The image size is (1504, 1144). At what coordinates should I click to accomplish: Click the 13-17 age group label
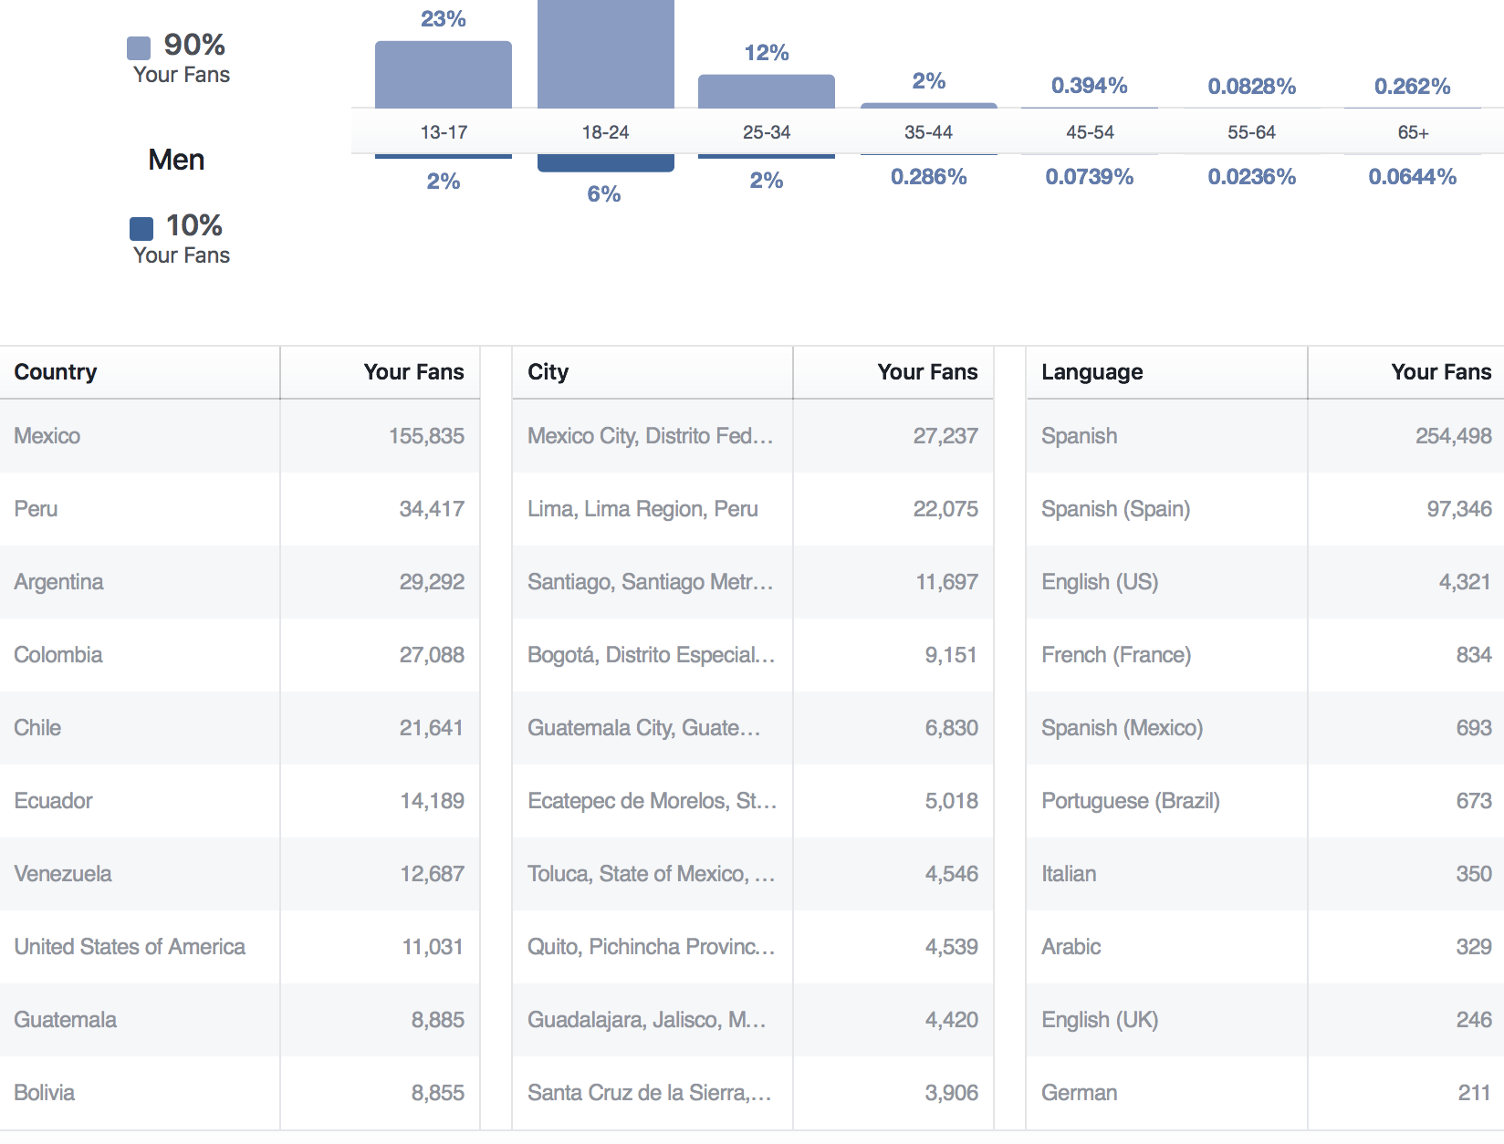pos(444,132)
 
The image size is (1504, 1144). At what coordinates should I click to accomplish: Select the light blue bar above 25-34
pos(766,91)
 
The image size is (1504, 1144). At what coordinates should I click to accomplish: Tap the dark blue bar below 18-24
pos(605,162)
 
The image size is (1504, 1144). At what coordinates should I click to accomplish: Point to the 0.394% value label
pos(1089,86)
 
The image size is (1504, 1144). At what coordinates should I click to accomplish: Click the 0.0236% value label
pos(1251,177)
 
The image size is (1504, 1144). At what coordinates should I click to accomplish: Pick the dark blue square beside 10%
pos(141,228)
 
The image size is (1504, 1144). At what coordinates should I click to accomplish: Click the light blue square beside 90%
pos(139,47)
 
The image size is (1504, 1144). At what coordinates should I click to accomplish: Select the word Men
pos(176,160)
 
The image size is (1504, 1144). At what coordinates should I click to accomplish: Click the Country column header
pos(56,372)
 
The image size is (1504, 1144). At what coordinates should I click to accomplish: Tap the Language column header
pos(1091,372)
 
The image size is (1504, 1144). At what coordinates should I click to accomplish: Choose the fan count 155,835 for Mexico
pos(426,436)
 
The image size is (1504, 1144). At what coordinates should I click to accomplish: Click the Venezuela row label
pos(63,874)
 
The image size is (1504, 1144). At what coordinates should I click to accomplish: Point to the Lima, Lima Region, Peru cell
pos(642,509)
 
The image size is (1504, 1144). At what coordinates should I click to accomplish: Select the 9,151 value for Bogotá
pos(950,655)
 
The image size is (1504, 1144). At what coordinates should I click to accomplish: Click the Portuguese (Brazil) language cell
pos(1130,801)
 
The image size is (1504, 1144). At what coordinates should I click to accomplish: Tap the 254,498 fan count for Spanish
pos(1453,436)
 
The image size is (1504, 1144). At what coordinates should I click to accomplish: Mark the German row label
pos(1079,1093)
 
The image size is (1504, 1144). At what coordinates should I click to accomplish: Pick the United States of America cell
pos(130,947)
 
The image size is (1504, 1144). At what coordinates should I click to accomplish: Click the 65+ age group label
pos(1413,132)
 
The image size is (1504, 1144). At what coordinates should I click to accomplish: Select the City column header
pos(548,372)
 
